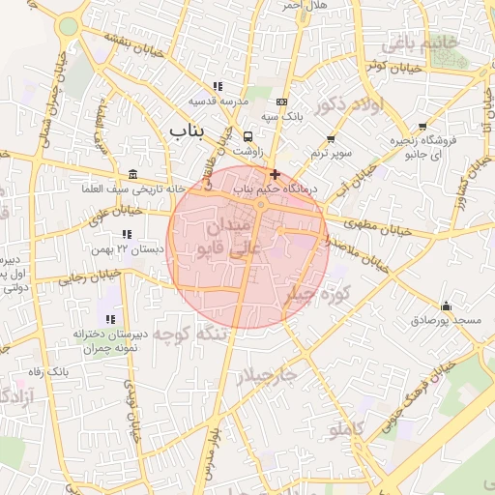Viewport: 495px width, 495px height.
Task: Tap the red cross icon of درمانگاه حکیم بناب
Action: coord(276,175)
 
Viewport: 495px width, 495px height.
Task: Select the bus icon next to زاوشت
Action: coord(248,136)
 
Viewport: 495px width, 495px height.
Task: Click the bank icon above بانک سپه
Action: coord(281,102)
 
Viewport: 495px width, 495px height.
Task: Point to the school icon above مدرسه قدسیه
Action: coord(218,86)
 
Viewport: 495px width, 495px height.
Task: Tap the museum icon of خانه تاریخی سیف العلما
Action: coord(131,174)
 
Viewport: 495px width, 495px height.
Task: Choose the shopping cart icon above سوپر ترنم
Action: coord(331,139)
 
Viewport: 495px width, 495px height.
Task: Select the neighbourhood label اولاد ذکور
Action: coord(350,105)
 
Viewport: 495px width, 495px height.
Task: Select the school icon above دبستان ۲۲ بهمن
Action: coord(126,234)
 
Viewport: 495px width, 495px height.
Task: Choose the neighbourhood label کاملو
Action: coord(345,429)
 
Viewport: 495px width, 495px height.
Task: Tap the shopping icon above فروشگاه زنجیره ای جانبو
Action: coord(422,126)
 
